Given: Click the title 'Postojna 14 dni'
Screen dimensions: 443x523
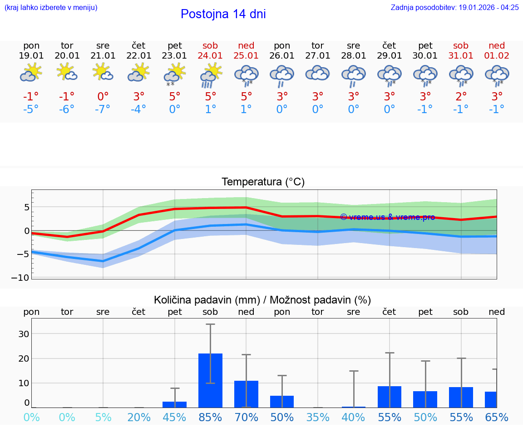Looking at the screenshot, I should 223,14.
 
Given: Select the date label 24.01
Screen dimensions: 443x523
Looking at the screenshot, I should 211,55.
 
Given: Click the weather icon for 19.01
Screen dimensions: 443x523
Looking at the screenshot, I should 31,73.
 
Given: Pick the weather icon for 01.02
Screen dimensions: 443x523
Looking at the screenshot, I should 497,75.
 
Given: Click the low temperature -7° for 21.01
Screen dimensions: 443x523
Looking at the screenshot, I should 103,110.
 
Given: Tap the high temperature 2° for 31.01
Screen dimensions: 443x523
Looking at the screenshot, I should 461,97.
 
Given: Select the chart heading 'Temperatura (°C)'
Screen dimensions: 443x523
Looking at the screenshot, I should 263,182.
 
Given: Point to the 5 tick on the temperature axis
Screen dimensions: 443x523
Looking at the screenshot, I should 26,207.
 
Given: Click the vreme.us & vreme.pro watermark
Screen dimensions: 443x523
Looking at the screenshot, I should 387,217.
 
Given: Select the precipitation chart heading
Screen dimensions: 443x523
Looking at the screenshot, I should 262,300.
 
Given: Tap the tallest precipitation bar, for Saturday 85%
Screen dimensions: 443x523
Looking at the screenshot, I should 210,380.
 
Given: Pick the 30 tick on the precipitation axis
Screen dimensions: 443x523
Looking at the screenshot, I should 24,334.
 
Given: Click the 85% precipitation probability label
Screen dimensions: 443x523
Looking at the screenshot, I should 210,418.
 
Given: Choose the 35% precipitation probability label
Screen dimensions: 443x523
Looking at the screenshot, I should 317,418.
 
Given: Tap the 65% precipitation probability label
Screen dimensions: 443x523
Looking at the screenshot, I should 497,418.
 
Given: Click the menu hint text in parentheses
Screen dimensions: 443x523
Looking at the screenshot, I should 51,7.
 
